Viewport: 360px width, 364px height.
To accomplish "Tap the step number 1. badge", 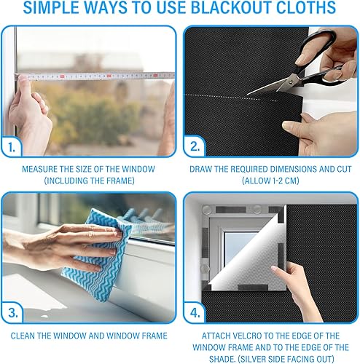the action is (12, 147).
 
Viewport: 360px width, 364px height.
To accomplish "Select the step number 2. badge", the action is (195, 146).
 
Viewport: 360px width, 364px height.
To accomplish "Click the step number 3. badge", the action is (13, 313).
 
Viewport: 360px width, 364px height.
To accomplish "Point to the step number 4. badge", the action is (195, 313).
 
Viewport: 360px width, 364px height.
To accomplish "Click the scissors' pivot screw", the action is (291, 82).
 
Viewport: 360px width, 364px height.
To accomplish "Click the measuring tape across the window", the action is (95, 76).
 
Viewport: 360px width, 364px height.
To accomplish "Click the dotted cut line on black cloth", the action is (231, 98).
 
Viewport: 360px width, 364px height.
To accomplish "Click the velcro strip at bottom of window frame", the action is (253, 288).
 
